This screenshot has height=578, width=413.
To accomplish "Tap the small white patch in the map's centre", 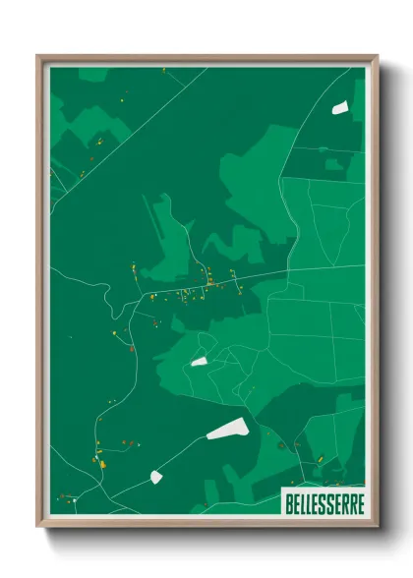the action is (x=199, y=362).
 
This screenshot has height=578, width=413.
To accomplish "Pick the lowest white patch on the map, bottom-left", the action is (x=155, y=477).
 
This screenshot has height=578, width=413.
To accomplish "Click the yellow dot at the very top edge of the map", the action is (x=164, y=70).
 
